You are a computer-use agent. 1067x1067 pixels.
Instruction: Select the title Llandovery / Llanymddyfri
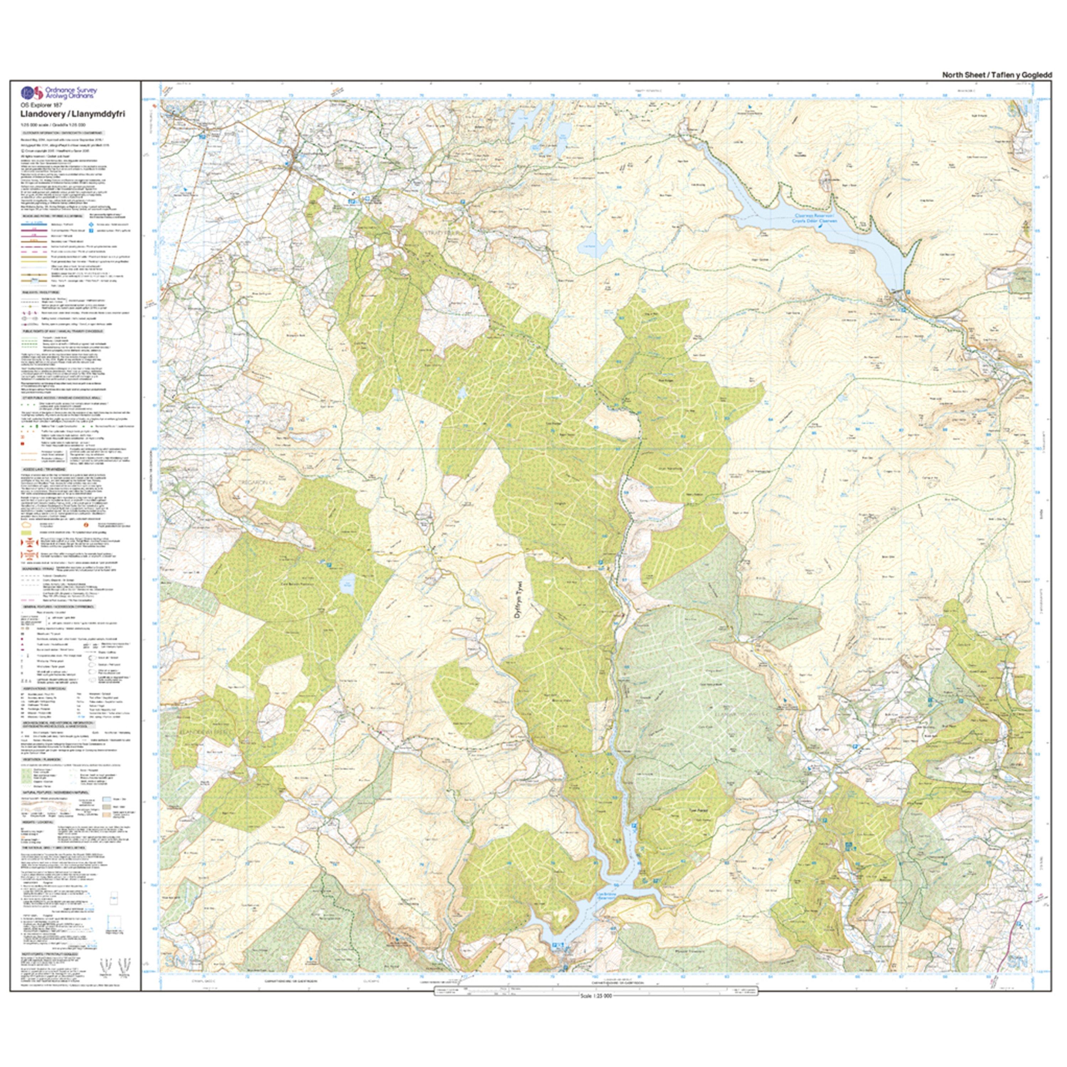(x=72, y=114)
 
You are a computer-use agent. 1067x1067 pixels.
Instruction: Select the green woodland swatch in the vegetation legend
(x=25, y=776)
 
